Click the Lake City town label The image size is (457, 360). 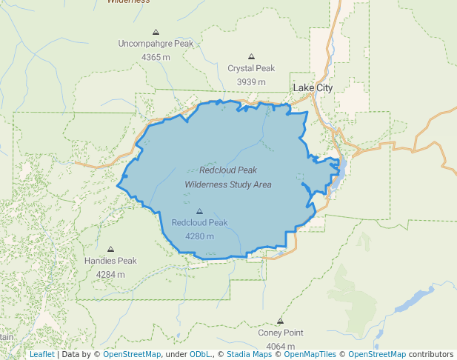coord(313,88)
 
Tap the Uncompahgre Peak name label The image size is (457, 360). coord(156,44)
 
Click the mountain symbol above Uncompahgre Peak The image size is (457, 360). coord(156,33)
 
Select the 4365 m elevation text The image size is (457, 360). coord(156,57)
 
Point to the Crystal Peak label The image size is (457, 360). coord(251,68)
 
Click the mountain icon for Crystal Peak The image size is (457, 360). coord(251,56)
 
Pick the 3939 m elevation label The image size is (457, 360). coord(251,81)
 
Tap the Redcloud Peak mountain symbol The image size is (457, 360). coord(199,211)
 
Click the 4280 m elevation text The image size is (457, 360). coord(199,236)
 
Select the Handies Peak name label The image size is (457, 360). coord(110,261)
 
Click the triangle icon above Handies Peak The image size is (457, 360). coord(111,250)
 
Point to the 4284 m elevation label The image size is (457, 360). coord(110,274)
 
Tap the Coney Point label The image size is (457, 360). coord(280,333)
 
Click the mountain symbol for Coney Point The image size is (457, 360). coord(280,321)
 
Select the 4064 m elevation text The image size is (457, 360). coord(280,346)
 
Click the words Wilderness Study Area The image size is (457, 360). coord(227,184)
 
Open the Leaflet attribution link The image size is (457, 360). coord(41,355)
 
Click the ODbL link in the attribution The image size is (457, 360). coord(199,355)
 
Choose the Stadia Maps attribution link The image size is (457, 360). coord(249,355)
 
